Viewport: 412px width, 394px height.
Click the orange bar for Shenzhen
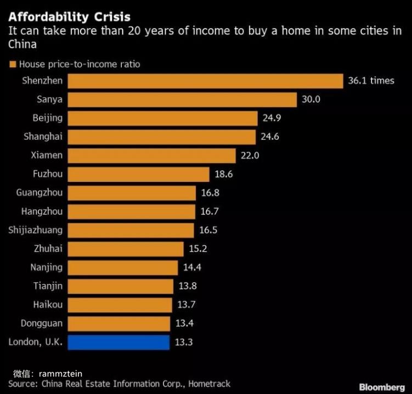pyautogui.click(x=205, y=81)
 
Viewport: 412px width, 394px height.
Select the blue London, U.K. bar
pyautogui.click(x=118, y=342)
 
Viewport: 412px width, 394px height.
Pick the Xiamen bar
pyautogui.click(x=152, y=156)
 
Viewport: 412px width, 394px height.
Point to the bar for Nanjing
pyautogui.click(x=122, y=268)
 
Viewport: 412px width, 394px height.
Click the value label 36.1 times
pyautogui.click(x=371, y=81)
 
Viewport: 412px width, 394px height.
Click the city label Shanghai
pyautogui.click(x=43, y=137)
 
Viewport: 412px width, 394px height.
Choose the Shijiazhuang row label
pyautogui.click(x=36, y=230)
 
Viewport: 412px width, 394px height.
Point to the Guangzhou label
pyautogui.click(x=39, y=193)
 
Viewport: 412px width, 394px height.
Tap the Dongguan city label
pyautogui.click(x=42, y=324)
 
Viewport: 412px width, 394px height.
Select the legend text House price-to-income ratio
pyautogui.click(x=80, y=64)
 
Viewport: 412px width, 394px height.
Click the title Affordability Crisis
pyautogui.click(x=69, y=15)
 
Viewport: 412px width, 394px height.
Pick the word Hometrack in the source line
pyautogui.click(x=209, y=384)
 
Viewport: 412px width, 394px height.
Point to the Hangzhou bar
pyautogui.click(x=131, y=212)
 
